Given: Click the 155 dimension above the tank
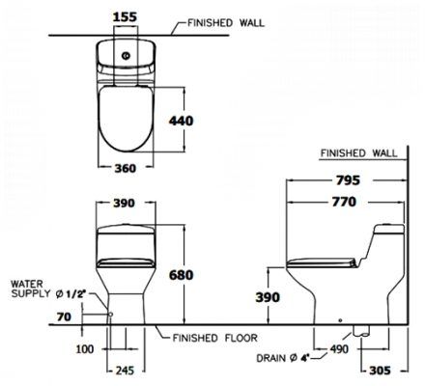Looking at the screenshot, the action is click(125, 16).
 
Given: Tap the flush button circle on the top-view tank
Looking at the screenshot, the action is click(126, 56).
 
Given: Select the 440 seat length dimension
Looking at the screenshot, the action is click(182, 121).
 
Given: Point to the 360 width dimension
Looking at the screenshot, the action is click(126, 168).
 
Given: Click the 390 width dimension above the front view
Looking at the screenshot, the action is click(124, 203).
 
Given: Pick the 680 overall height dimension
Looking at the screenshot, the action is click(182, 275).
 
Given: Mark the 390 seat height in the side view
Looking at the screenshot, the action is click(268, 297).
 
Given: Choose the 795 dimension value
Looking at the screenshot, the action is click(348, 180).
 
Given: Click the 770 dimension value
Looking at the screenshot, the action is click(344, 202).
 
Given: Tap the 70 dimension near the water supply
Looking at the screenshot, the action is click(64, 317).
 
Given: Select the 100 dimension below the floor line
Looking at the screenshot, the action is click(85, 349).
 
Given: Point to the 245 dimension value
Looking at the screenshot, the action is click(125, 371).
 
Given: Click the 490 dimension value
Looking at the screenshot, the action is click(339, 349).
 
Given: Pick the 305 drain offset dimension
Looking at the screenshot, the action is click(380, 371).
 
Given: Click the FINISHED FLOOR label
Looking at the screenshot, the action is click(215, 338).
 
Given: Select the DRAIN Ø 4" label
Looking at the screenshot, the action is click(283, 358).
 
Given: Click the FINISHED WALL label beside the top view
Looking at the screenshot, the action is click(226, 23).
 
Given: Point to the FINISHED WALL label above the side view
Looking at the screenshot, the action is click(359, 153).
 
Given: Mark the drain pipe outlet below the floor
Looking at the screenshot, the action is click(361, 331).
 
